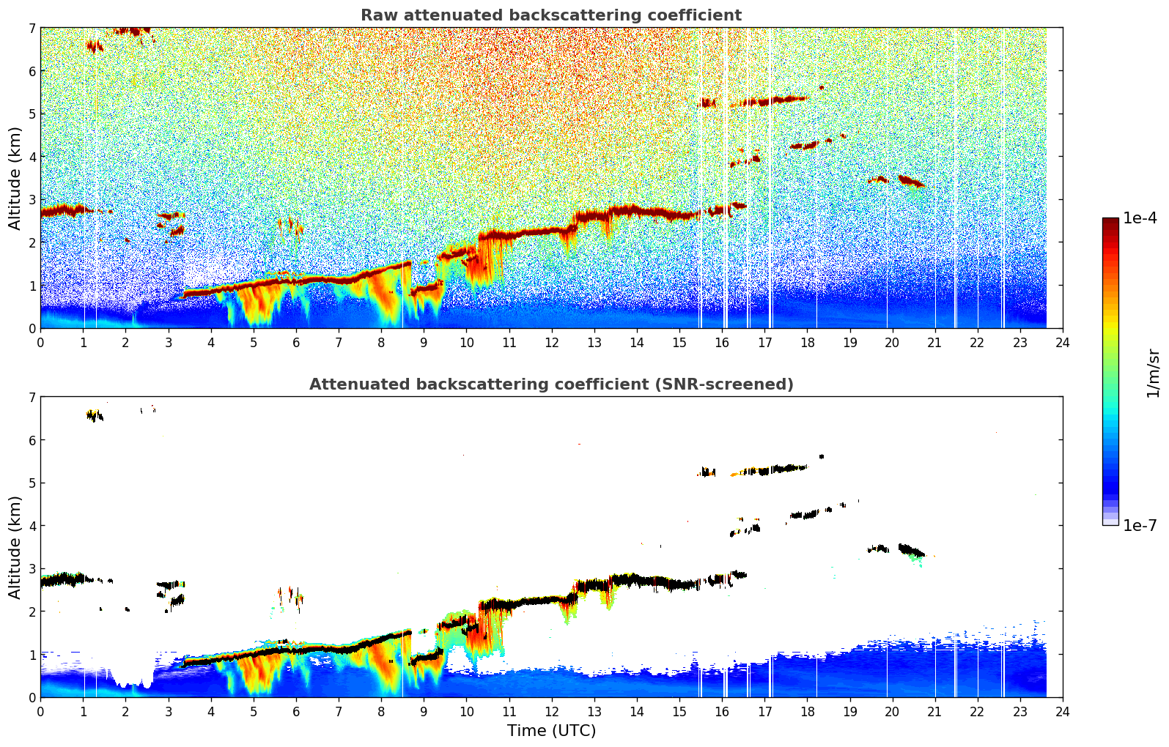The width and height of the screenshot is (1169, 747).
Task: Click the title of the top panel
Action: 551,15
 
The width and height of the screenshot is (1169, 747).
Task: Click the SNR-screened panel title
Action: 551,384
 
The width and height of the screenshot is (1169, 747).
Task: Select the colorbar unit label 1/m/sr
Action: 1153,373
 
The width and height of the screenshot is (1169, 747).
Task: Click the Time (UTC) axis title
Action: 551,731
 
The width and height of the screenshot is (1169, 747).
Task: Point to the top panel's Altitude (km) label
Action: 15,178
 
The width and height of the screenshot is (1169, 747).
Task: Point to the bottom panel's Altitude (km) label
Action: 15,547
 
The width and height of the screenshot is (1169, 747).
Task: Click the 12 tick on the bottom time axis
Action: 551,712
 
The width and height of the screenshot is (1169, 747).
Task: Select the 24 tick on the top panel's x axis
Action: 1062,343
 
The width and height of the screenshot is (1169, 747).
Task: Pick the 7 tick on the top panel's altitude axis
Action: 32,29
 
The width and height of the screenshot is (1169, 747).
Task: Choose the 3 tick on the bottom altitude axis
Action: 32,568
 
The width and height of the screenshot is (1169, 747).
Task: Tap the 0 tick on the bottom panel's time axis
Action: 40,712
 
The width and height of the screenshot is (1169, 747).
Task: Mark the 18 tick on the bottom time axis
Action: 807,712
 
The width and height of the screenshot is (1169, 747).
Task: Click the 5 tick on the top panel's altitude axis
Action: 32,114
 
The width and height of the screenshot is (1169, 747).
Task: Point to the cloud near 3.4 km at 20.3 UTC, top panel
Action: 910,180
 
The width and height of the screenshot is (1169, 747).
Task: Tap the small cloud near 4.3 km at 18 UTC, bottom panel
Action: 805,515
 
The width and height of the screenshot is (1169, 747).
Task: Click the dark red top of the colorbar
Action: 1110,222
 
